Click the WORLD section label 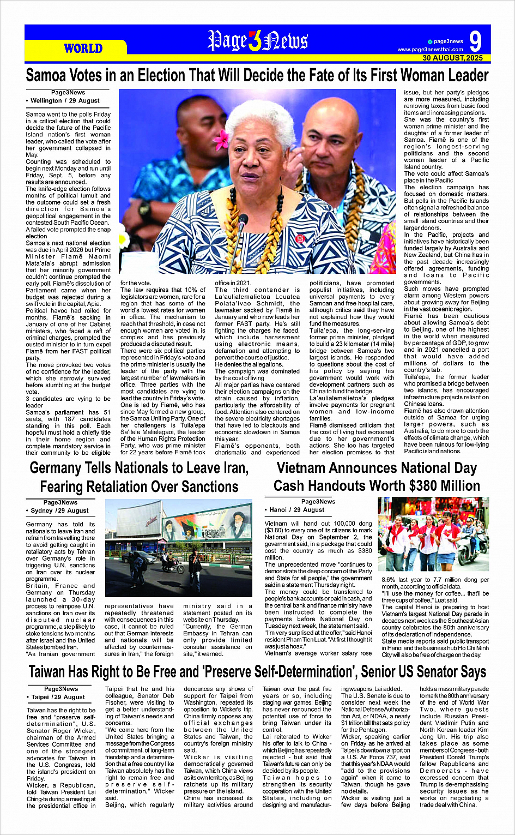(83, 49)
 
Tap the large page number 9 (475, 41)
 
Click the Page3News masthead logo (258, 41)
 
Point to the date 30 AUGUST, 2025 (452, 58)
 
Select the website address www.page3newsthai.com (431, 50)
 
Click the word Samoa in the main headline (45, 75)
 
